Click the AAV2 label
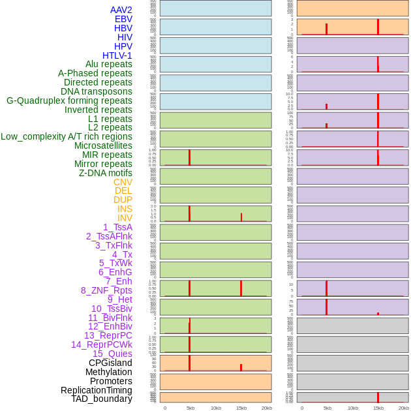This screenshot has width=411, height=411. point(121,10)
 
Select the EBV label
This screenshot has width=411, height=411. point(123,19)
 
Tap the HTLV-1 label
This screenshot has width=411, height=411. point(117,55)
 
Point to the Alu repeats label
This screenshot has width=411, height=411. point(108,64)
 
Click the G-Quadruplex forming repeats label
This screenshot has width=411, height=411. point(69,100)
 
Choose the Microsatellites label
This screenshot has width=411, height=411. point(103,145)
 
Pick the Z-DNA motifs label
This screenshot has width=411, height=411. point(105,173)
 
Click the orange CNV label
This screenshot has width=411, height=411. point(123,182)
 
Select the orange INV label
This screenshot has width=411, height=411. point(125,218)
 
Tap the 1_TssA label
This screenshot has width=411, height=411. point(117,227)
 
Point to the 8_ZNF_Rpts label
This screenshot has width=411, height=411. point(106,290)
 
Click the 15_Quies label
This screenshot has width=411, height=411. point(112,354)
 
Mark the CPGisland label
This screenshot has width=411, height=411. point(110,363)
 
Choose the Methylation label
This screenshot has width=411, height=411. point(108,372)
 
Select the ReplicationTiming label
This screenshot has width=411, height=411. point(96,390)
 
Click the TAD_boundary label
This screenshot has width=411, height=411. point(102,399)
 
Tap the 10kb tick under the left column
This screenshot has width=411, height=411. point(216,408)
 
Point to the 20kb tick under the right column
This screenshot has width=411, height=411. point(404,408)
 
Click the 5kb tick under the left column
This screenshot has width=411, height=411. point(190,408)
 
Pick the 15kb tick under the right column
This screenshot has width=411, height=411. point(378,408)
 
